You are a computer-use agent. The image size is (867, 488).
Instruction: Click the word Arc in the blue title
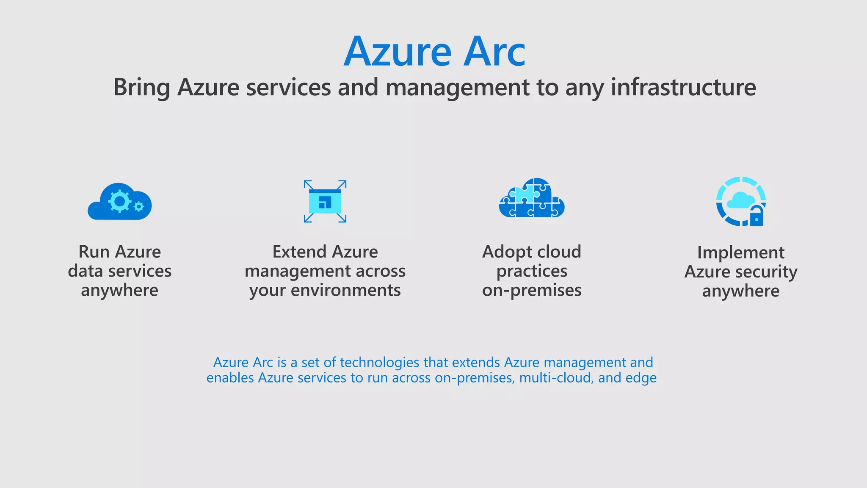click(494, 52)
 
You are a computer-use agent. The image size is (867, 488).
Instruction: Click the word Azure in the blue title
click(398, 52)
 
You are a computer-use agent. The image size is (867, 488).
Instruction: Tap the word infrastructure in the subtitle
click(683, 87)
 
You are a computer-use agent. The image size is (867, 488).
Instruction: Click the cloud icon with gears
click(120, 202)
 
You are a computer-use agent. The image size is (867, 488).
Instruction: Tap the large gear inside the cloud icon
click(119, 201)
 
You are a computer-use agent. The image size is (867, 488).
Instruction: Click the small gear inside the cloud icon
click(138, 207)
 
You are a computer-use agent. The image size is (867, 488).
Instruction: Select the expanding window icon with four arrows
click(325, 201)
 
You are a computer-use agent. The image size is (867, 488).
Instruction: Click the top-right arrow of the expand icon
click(342, 185)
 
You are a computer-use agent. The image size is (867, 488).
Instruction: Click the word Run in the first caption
click(94, 252)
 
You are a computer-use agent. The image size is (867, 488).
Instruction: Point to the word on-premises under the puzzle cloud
click(532, 291)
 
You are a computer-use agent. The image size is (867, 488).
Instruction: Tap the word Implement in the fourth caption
click(741, 253)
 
